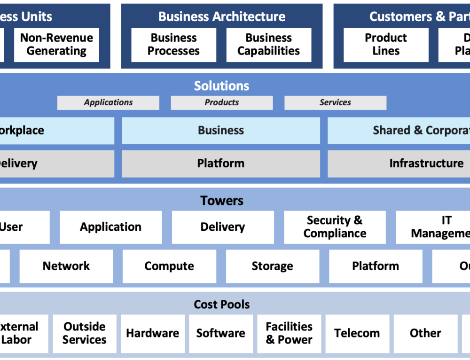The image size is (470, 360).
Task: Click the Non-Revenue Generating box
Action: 56,45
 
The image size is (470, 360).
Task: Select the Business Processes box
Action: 173,45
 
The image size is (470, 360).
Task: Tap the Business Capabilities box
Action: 268,45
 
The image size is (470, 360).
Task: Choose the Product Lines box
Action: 386,45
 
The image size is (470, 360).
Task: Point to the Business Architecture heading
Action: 221,16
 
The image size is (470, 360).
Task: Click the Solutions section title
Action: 221,86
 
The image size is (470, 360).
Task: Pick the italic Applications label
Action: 108,102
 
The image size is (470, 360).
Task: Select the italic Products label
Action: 221,102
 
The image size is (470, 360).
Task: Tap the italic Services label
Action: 335,102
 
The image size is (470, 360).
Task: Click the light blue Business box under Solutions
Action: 221,130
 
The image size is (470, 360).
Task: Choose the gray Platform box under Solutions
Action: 221,164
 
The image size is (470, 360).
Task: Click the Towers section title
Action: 221,200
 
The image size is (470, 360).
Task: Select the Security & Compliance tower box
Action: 335,227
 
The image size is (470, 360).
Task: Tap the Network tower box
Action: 66,266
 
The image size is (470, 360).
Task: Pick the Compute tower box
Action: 169,266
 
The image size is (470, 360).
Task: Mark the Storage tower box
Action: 272,266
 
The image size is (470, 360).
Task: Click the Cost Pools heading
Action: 221,305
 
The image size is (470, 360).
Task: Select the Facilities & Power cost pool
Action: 289,333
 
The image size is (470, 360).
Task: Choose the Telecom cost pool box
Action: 357,333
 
